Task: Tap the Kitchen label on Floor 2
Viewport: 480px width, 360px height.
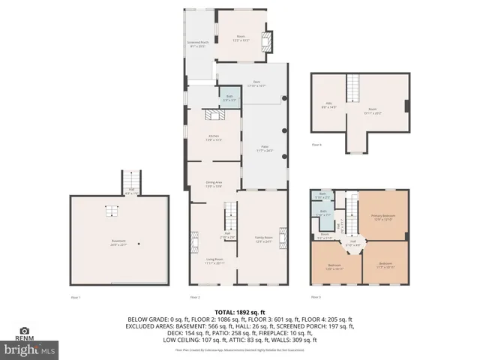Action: click(x=214, y=136)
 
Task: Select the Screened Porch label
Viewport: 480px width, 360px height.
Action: click(x=198, y=44)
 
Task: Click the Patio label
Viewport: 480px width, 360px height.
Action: click(x=264, y=149)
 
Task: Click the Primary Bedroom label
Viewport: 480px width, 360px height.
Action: click(x=383, y=218)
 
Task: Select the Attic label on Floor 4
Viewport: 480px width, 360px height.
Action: click(x=328, y=106)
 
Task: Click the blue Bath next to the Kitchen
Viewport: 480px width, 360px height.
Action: click(x=229, y=97)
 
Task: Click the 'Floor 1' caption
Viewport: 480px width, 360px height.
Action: click(x=75, y=298)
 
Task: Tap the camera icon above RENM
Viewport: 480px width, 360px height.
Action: click(x=25, y=329)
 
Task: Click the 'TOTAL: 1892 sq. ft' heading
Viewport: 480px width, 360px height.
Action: click(x=240, y=311)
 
